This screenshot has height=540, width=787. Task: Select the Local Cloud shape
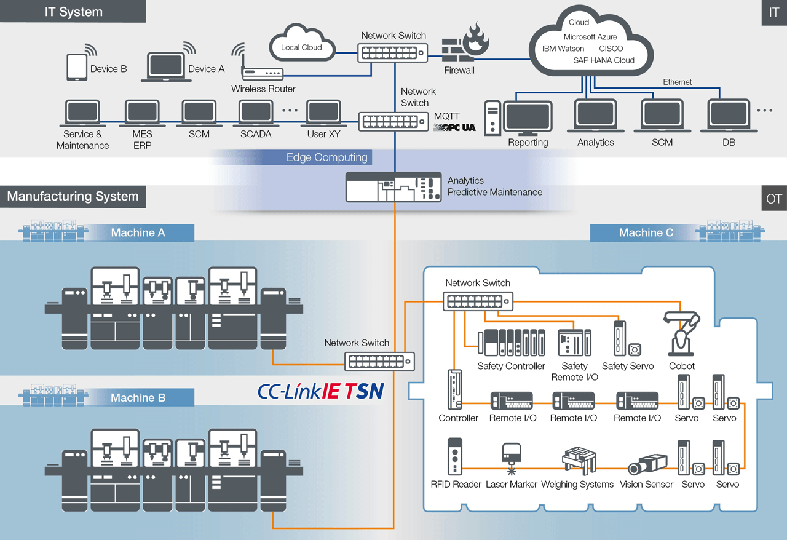[302, 44]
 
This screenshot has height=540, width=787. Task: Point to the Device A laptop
[165, 68]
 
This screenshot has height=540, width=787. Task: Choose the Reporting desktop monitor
[528, 119]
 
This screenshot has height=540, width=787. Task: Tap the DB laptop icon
[730, 117]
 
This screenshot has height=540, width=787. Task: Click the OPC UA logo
[454, 127]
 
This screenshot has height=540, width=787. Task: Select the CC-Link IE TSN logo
[320, 391]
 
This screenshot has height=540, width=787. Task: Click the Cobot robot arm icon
[681, 335]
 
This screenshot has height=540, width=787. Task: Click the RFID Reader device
[455, 456]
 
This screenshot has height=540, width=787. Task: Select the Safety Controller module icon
[511, 343]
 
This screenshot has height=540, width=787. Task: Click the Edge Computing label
[326, 157]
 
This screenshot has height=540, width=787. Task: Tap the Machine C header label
[646, 232]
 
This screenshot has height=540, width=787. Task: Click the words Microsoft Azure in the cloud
[590, 37]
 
